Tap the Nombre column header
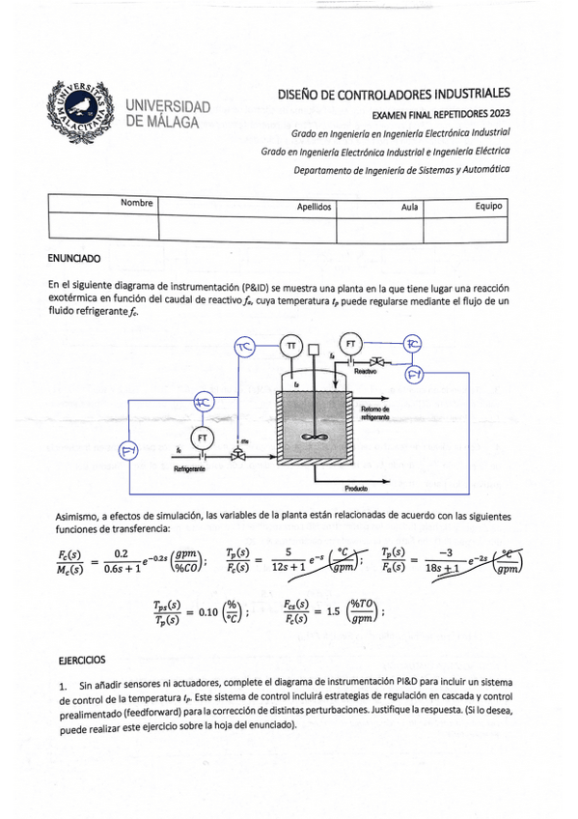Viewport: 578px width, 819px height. (x=137, y=203)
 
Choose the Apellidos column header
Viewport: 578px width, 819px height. (x=315, y=206)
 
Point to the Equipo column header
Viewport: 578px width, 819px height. (x=489, y=206)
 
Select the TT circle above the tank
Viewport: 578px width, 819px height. (x=289, y=345)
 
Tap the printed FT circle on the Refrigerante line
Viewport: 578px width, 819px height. (x=203, y=438)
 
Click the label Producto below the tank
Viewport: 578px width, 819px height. (x=356, y=489)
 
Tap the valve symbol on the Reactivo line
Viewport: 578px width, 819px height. (x=378, y=361)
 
